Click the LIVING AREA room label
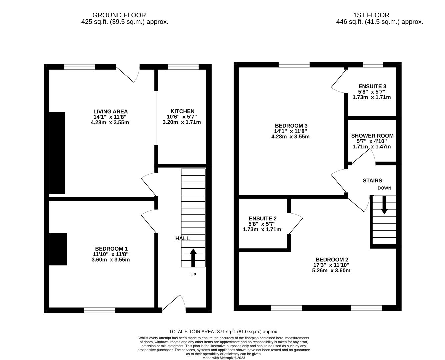[110, 112]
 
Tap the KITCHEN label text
[182, 111]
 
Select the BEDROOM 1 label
[111, 249]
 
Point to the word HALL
[182, 238]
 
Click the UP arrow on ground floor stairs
[193, 258]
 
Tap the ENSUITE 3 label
[372, 86]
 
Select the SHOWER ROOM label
[372, 136]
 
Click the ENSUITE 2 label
[262, 219]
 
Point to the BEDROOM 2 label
[332, 260]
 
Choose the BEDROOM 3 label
[291, 126]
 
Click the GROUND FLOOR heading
[119, 15]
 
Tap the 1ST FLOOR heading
[371, 15]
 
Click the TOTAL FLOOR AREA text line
[223, 332]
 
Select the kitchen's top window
[183, 67]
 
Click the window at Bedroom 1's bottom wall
[100, 310]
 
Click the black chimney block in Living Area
[57, 153]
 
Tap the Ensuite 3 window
[373, 65]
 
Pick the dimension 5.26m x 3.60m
[331, 271]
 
